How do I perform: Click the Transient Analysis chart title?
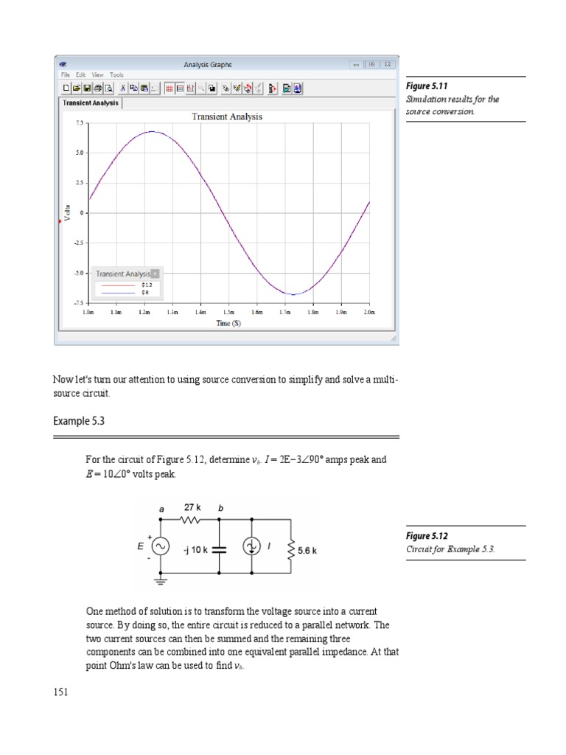226,116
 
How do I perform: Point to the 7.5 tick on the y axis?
79,123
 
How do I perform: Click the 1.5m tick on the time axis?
228,313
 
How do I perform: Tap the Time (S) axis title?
228,323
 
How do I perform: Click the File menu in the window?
66,74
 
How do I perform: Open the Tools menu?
117,74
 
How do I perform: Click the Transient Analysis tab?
90,103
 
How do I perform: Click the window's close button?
388,64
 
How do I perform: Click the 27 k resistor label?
193,508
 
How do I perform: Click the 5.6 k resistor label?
307,549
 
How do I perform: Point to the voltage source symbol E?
161,546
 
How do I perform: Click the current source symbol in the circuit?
252,546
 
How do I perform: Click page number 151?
61,692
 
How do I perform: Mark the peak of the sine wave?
152,131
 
